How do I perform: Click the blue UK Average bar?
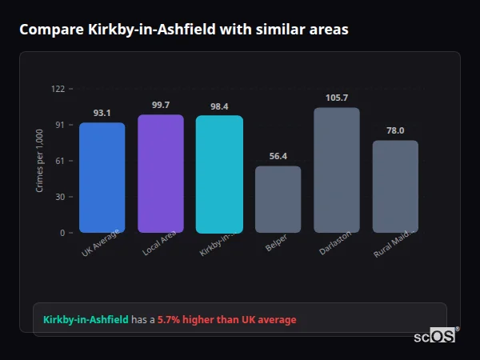pyautogui.click(x=102, y=178)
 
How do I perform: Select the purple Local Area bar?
pyautogui.click(x=161, y=174)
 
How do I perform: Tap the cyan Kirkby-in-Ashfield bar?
pyautogui.click(x=219, y=174)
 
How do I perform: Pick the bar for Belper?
pyautogui.click(x=278, y=199)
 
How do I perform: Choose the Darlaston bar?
pyautogui.click(x=337, y=170)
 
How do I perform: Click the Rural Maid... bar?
pyautogui.click(x=395, y=186)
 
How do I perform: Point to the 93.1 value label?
pyautogui.click(x=102, y=113)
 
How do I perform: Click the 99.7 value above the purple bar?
pyautogui.click(x=161, y=105)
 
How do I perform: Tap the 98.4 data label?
pyautogui.click(x=219, y=106)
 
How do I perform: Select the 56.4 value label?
pyautogui.click(x=278, y=157)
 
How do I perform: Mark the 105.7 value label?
pyautogui.click(x=337, y=98)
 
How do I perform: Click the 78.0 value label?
pyautogui.click(x=395, y=130)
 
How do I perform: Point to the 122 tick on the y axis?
pyautogui.click(x=58, y=89)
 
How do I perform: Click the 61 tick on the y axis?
pyautogui.click(x=60, y=161)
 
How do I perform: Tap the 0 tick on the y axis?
pyautogui.click(x=62, y=233)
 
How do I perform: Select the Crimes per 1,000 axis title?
pyautogui.click(x=40, y=161)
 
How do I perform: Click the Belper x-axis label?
pyautogui.click(x=276, y=243)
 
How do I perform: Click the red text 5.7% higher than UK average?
pyautogui.click(x=226, y=320)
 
